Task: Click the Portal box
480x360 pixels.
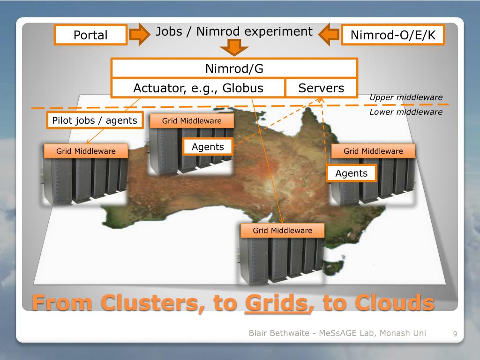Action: tap(90, 35)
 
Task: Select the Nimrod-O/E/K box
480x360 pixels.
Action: tap(392, 35)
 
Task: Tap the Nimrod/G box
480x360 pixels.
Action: tap(234, 69)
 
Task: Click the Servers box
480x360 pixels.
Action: tap(321, 88)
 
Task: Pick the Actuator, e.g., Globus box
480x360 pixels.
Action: tap(198, 88)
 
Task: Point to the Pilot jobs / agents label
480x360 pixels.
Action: tap(95, 120)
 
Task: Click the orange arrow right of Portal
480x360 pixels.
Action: tap(139, 35)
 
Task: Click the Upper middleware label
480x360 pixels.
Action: tap(406, 97)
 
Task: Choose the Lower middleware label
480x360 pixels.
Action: tap(406, 112)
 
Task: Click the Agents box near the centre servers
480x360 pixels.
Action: tap(208, 147)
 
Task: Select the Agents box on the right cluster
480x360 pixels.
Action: tap(352, 173)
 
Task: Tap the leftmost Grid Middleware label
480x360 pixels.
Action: tap(86, 151)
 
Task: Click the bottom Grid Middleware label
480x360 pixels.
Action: tap(283, 231)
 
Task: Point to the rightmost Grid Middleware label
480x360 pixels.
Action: tap(373, 151)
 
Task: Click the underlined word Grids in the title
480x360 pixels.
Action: tap(276, 303)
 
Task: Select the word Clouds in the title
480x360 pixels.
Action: tap(394, 303)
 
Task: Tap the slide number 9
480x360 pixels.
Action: tap(455, 334)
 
